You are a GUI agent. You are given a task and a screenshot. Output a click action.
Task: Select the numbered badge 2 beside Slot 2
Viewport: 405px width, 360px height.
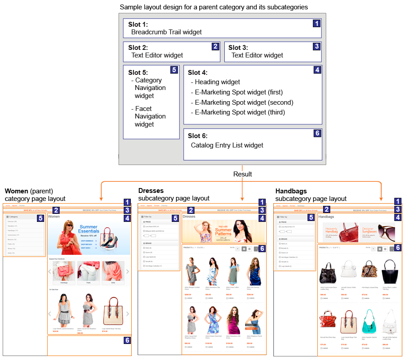pos(215,46)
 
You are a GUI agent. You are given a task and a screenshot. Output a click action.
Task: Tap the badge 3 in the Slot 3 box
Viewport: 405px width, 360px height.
pos(316,46)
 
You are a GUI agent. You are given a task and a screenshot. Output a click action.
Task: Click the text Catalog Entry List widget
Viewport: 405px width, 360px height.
pos(227,145)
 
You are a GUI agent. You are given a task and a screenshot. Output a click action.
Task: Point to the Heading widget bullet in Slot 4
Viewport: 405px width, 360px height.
pos(217,82)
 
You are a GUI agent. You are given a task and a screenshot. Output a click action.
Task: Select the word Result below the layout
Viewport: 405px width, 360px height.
pos(243,174)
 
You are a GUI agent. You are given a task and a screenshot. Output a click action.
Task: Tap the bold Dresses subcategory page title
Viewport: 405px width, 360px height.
pos(151,191)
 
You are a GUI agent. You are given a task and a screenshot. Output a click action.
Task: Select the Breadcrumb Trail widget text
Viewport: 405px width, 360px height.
pos(166,32)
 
